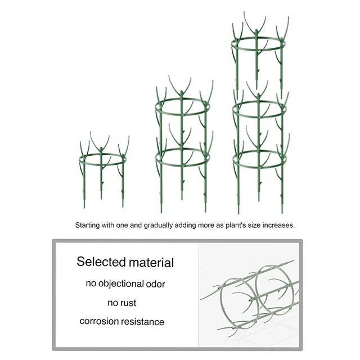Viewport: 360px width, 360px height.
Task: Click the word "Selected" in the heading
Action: pos(101,262)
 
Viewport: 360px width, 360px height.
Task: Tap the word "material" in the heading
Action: pos(151,263)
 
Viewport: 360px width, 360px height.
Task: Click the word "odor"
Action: pos(156,284)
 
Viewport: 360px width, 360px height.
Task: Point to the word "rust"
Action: pos(128,303)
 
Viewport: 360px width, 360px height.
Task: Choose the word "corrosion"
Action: pos(99,321)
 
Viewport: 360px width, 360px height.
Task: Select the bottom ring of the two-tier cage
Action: pos(182,165)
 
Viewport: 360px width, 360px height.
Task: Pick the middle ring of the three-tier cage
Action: pos(259,117)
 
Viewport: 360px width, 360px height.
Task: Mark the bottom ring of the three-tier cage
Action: pos(259,167)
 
